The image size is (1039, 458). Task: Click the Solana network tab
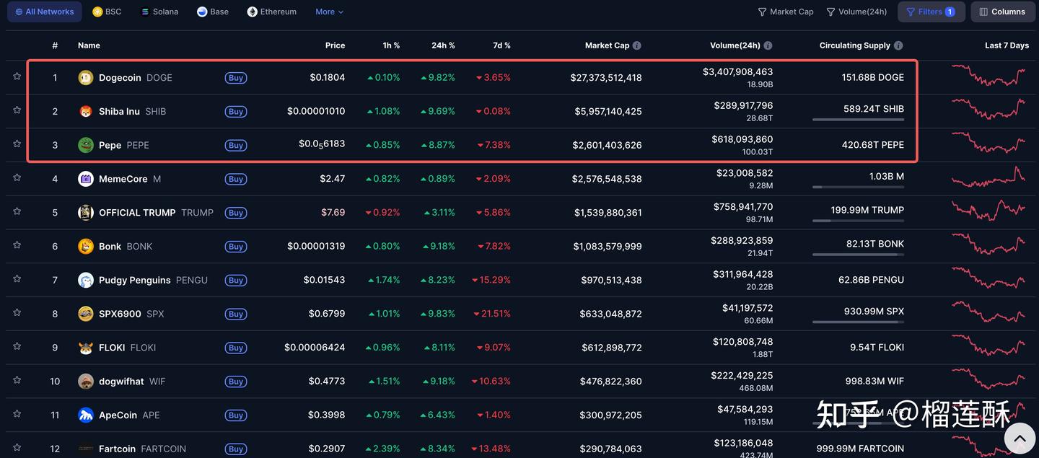pos(159,12)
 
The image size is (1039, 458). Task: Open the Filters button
pos(931,12)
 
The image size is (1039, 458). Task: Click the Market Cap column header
pos(607,45)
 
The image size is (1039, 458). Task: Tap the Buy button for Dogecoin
pos(235,78)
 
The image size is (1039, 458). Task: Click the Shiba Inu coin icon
pos(86,112)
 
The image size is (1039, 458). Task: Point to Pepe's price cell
pos(322,144)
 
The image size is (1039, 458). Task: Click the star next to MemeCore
pos(17,177)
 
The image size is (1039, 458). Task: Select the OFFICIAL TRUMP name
pos(137,213)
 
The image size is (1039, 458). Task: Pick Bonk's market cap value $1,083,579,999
pos(608,247)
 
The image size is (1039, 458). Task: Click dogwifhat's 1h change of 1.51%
pos(384,382)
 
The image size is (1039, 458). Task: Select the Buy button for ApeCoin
pos(235,415)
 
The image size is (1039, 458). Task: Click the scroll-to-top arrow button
pos(1020,437)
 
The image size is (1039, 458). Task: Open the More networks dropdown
pos(329,12)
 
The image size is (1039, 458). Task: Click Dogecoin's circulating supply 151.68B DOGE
pos(872,78)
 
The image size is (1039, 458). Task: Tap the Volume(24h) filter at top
pos(856,12)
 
